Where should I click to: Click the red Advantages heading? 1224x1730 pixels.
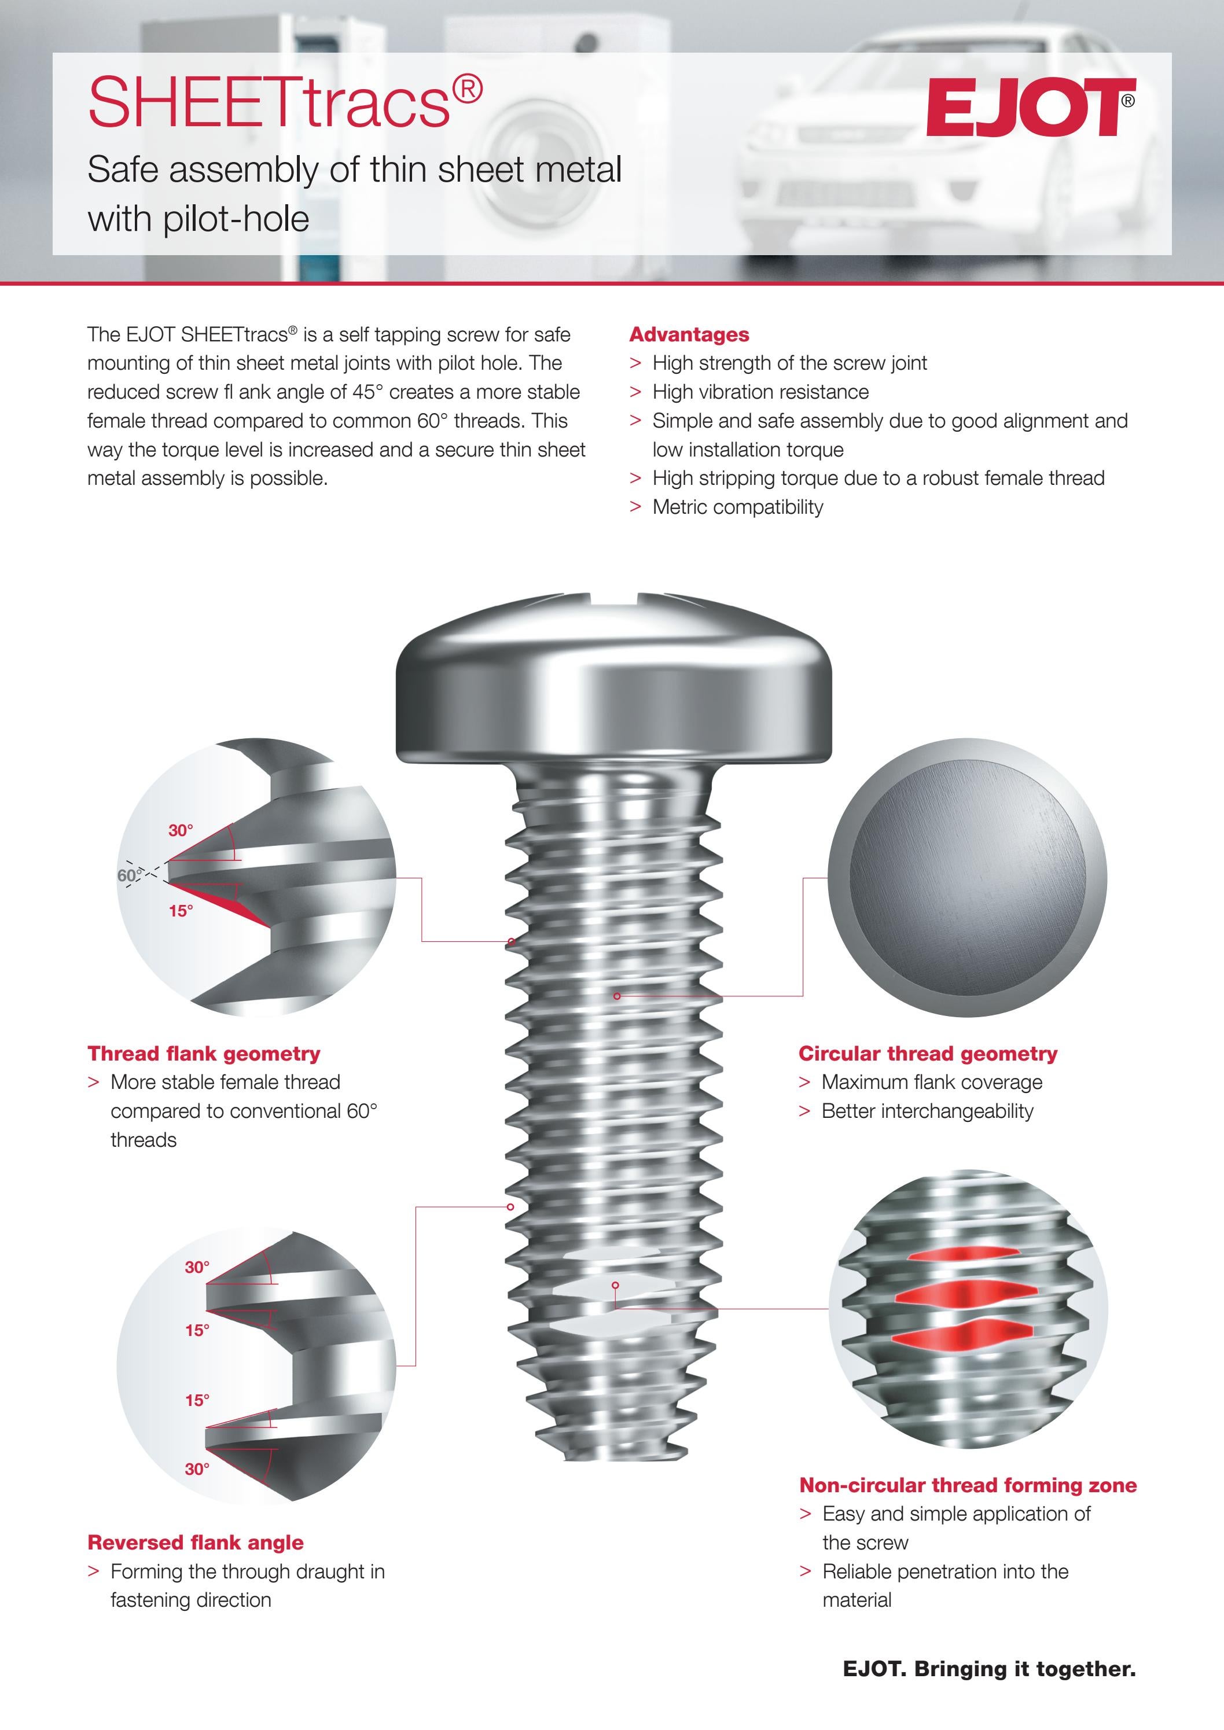pyautogui.click(x=689, y=334)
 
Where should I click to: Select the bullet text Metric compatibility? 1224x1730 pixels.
pyautogui.click(x=737, y=507)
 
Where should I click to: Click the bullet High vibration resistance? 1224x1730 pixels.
pyautogui.click(x=760, y=392)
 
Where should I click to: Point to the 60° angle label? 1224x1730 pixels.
pyautogui.click(x=128, y=875)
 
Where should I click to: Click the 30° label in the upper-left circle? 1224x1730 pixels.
pyautogui.click(x=180, y=830)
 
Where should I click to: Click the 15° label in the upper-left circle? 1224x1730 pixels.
pyautogui.click(x=180, y=911)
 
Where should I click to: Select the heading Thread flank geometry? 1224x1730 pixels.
pyautogui.click(x=204, y=1054)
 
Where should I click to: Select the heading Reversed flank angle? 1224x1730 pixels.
pyautogui.click(x=195, y=1543)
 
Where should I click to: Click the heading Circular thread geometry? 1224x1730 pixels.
pyautogui.click(x=928, y=1054)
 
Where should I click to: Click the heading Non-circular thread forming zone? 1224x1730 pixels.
pyautogui.click(x=968, y=1485)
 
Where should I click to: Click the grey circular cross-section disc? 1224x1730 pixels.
pyautogui.click(x=967, y=878)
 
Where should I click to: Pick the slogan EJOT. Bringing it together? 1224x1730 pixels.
pyautogui.click(x=989, y=1669)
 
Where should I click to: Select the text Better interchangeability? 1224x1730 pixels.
pyautogui.click(x=927, y=1111)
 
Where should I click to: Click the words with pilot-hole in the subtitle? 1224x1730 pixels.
pyautogui.click(x=199, y=219)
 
